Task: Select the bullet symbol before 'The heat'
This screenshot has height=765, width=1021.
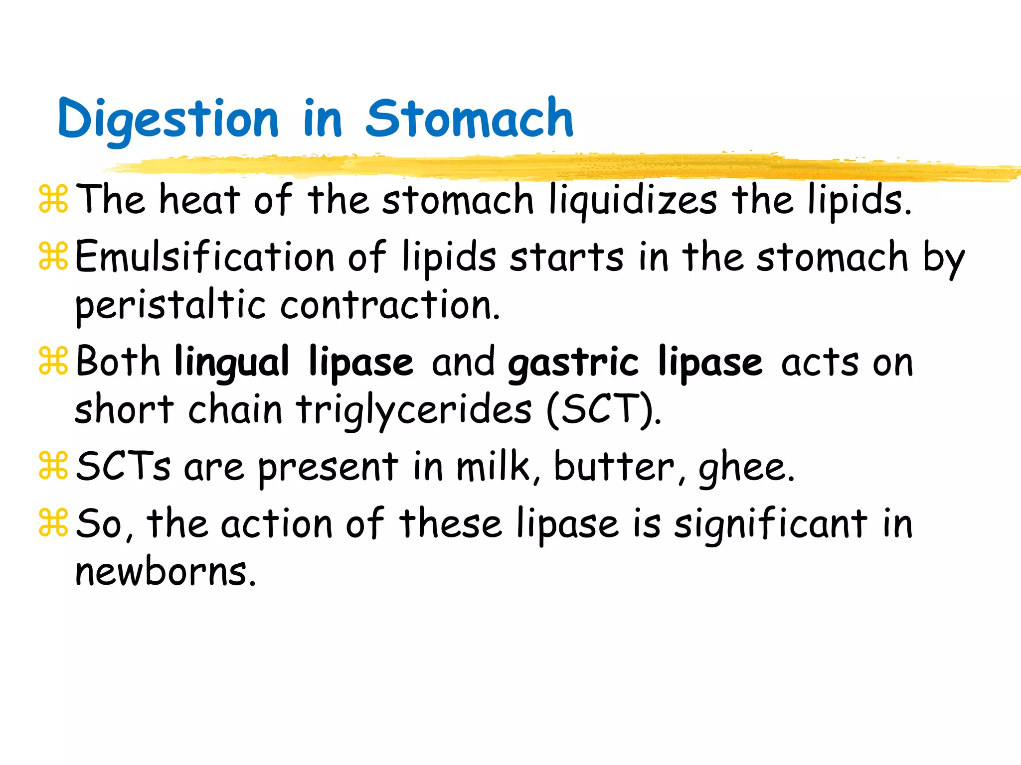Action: pos(53,199)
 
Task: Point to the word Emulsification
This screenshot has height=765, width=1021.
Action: pos(205,257)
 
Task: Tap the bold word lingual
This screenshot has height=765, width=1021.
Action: pos(232,362)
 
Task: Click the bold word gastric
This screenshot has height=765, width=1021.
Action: pos(573,362)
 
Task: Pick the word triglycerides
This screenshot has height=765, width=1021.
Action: pos(414,410)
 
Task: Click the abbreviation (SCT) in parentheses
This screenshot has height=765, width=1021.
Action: pos(604,410)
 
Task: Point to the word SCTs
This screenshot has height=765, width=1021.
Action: pos(123,467)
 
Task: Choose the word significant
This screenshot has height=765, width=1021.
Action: pos(770,524)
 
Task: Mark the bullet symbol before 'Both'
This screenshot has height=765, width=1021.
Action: pos(53,362)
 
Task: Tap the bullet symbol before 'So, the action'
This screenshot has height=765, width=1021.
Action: pos(53,523)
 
